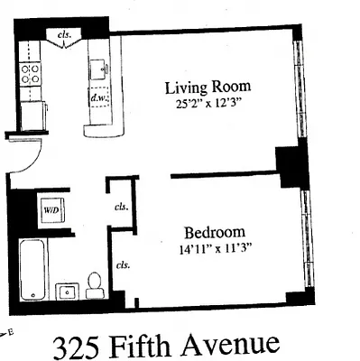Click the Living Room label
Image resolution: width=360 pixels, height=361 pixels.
tap(208, 88)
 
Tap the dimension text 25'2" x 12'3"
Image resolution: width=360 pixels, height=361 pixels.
tap(208, 104)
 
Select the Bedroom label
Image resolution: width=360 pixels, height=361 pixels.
tap(212, 230)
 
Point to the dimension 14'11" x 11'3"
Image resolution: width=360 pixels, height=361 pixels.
tap(213, 245)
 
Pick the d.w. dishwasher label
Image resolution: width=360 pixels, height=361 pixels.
tap(97, 95)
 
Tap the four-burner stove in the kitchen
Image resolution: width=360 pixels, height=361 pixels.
tap(32, 73)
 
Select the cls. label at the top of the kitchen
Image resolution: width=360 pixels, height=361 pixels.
tap(65, 34)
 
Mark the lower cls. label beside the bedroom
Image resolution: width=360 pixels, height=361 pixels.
tap(122, 265)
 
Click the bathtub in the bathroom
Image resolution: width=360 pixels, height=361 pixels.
tap(34, 269)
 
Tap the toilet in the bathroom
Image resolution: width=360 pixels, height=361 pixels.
tap(94, 285)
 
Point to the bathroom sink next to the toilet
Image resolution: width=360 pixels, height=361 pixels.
tap(66, 290)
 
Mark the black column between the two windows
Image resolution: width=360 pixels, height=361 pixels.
tap(292, 166)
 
